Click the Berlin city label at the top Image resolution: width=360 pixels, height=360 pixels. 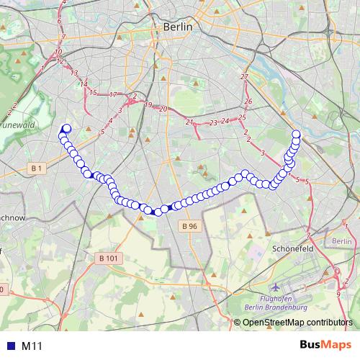point(179,26)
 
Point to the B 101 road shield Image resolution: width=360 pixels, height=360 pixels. point(107,258)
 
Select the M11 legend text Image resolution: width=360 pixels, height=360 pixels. point(32,346)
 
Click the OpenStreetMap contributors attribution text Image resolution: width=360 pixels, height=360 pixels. point(299,322)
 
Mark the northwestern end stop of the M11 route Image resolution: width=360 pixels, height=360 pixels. point(67,129)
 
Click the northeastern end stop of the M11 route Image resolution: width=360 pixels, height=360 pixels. point(296,133)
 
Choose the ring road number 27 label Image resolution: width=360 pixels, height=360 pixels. point(244,76)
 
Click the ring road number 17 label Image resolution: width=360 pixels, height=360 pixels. point(113,94)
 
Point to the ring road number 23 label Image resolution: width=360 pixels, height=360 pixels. point(213,123)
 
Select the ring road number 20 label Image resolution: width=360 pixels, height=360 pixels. point(163,109)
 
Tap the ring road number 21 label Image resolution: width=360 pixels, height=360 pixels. point(189,122)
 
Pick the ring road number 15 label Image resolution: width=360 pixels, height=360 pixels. point(92,92)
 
